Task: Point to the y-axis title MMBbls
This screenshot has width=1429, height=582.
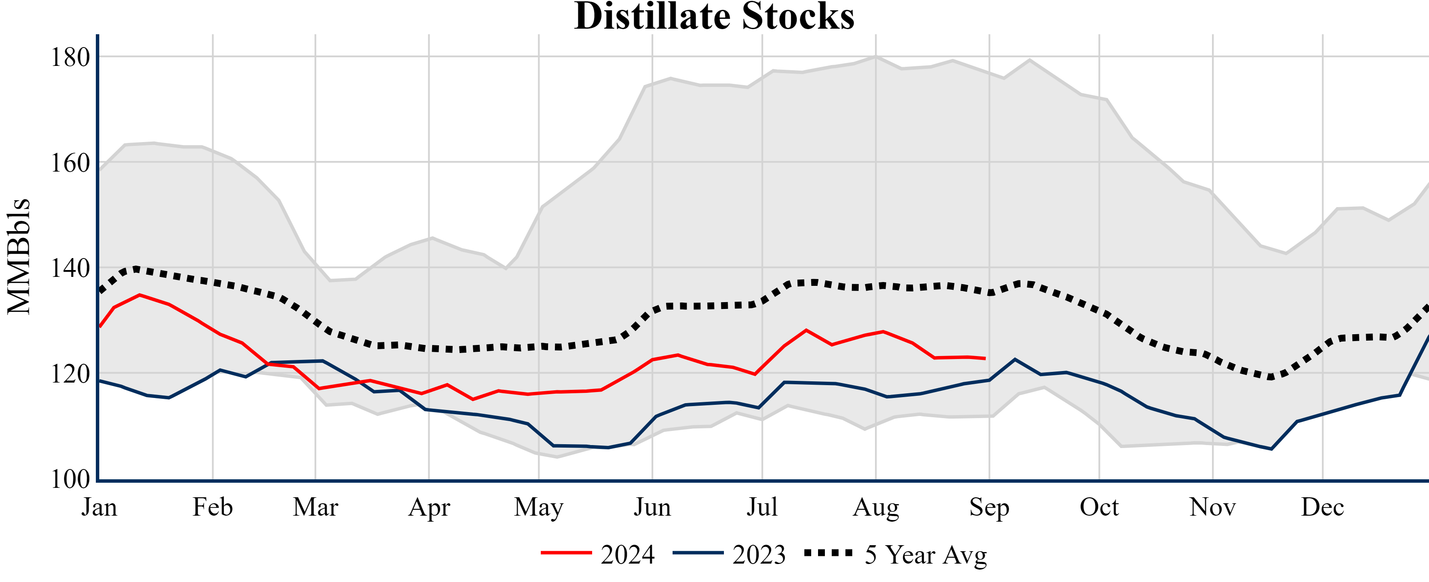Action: click(x=19, y=256)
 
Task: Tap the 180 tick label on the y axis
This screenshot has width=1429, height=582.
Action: click(x=70, y=57)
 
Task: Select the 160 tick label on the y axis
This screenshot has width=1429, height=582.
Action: click(x=70, y=163)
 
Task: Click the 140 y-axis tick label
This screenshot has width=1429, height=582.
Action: click(x=70, y=268)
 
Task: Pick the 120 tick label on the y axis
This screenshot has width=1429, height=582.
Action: click(x=70, y=374)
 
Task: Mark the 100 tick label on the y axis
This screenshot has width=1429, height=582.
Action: click(x=70, y=479)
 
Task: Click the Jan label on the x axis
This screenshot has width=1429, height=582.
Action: click(x=99, y=507)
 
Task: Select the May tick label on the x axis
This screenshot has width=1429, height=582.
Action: click(x=539, y=507)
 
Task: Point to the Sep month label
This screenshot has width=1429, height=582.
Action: click(x=989, y=507)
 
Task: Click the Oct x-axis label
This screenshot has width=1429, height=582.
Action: click(x=1099, y=507)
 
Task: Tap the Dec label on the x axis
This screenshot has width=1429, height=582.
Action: click(x=1322, y=507)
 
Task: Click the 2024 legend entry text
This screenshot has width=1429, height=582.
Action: click(x=627, y=555)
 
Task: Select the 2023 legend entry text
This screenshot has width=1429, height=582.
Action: click(x=759, y=555)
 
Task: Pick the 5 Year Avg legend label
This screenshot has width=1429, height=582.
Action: click(x=926, y=555)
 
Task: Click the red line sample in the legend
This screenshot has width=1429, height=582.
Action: click(x=566, y=552)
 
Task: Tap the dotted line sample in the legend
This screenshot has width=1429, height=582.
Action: click(x=828, y=552)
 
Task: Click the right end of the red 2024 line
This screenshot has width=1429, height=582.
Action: click(x=984, y=359)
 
